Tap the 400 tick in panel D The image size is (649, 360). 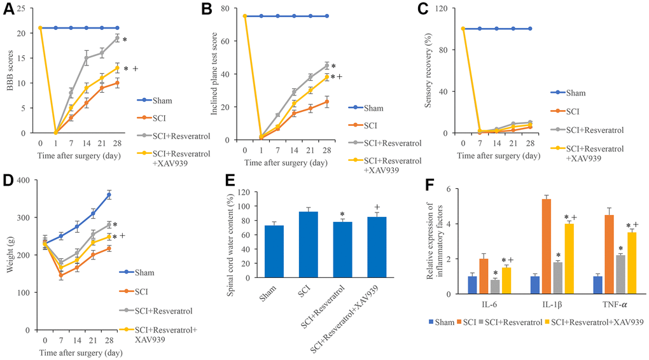25,180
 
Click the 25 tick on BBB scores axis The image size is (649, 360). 26,8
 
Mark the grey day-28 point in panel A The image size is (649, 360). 117,38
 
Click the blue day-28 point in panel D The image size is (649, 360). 109,195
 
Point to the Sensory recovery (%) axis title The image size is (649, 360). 438,71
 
